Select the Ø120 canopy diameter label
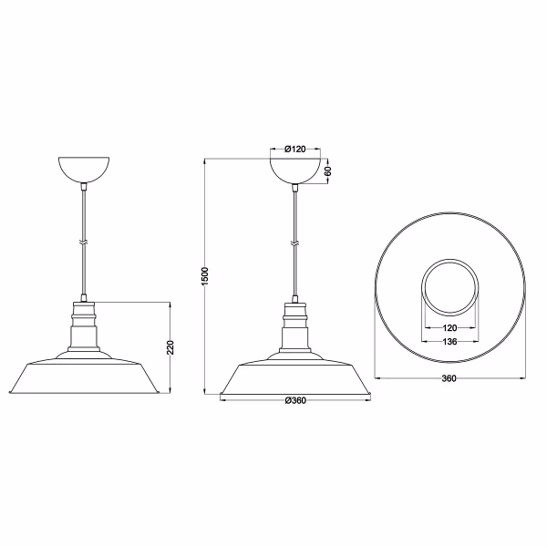(x=294, y=149)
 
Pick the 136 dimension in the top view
(x=449, y=343)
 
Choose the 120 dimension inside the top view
(x=449, y=327)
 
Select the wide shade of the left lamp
(x=86, y=376)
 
